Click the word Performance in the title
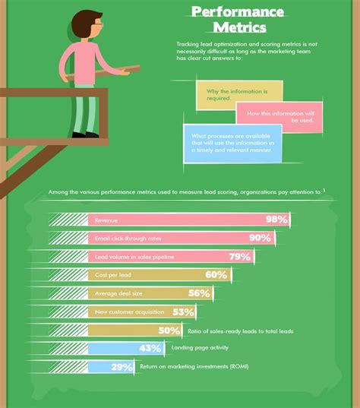point(238,11)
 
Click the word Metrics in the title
point(239,29)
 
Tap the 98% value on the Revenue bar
point(276,220)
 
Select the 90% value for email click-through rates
point(260,238)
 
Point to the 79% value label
point(239,257)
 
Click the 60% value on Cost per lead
point(216,275)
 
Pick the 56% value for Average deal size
point(198,293)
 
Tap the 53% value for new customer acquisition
point(184,312)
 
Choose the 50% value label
point(169,331)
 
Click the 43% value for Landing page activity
point(150,349)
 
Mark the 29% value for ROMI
point(122,367)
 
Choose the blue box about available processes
point(232,142)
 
